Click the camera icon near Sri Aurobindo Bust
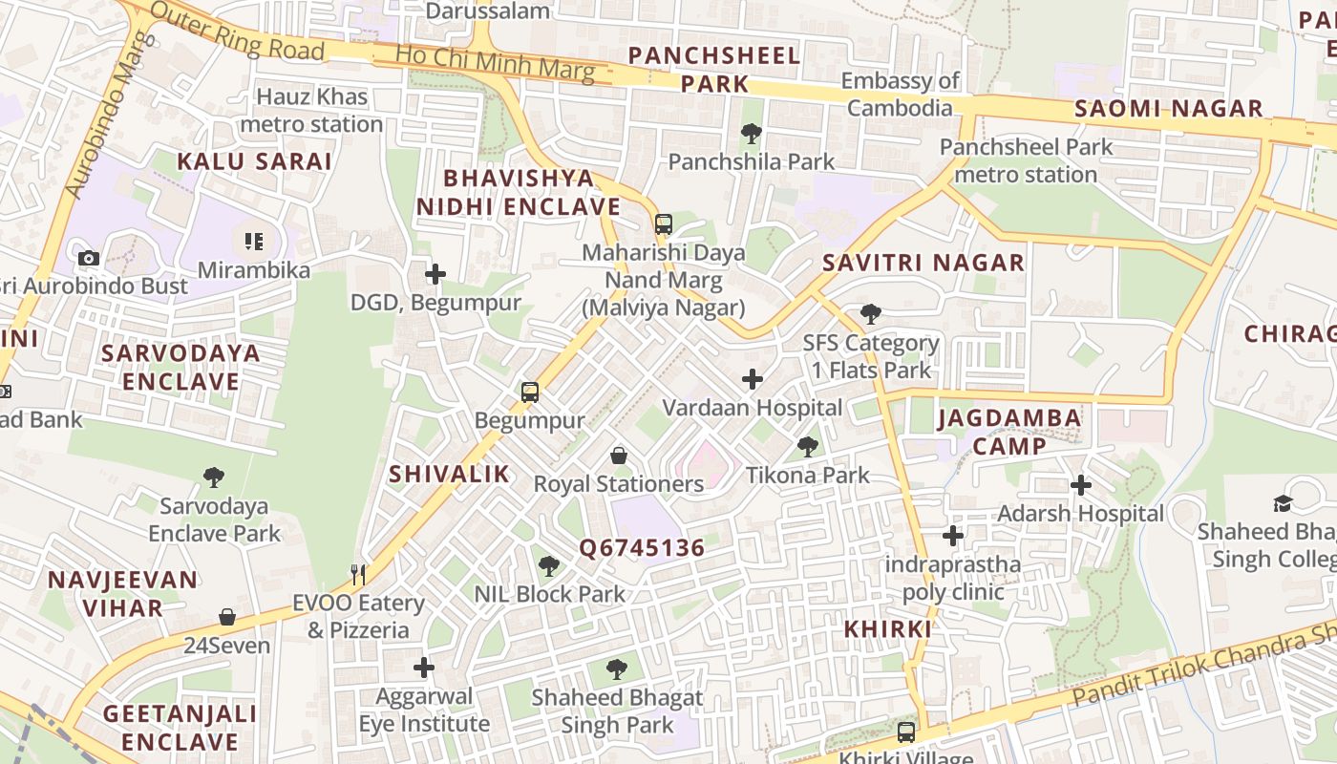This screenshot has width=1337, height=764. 89,258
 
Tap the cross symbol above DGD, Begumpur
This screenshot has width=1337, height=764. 435,275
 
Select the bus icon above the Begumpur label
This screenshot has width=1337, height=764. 530,392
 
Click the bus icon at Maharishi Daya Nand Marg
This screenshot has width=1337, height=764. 663,224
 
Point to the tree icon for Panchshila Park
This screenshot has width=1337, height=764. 752,134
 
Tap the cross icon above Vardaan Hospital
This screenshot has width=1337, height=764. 753,379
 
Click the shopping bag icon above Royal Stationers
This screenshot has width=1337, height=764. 619,456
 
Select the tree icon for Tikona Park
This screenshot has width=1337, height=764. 808,446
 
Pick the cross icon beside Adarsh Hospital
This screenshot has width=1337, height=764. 1080,485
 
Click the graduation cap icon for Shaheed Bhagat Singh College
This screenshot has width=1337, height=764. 1282,502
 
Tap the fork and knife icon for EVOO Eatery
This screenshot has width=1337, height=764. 359,574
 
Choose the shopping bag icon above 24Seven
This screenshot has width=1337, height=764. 227,617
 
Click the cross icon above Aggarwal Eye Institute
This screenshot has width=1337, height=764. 424,667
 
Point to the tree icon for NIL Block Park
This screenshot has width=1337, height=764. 549,565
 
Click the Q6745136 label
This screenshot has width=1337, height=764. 642,548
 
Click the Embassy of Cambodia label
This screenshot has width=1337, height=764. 900,95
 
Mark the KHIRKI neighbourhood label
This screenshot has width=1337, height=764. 887,629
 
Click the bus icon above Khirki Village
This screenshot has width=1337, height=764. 905,732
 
